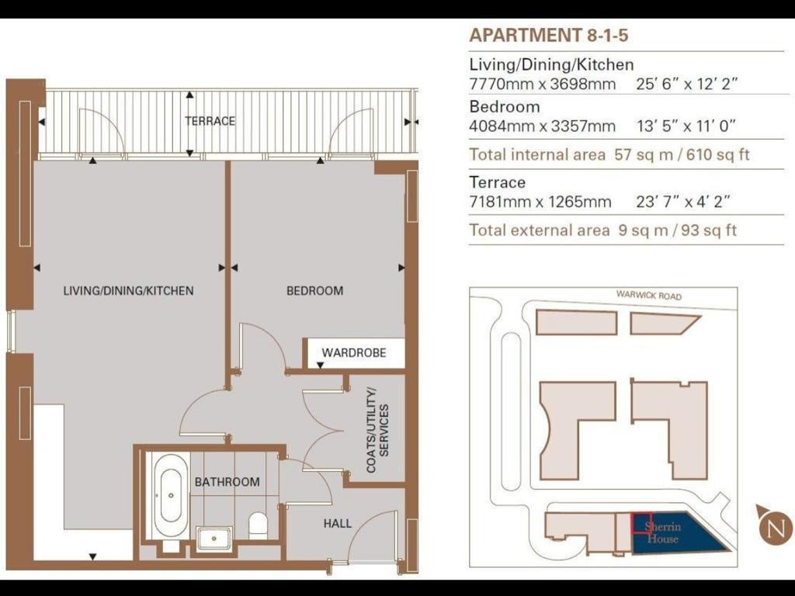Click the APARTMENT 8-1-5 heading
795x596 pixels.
coord(549,36)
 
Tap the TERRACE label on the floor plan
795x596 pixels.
coord(210,121)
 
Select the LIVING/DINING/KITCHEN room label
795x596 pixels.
coord(128,291)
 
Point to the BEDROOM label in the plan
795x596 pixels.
coord(315,291)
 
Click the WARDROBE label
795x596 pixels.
coord(354,353)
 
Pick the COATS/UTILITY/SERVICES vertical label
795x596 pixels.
coord(378,431)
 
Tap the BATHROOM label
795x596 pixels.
coord(227,482)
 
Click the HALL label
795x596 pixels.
coord(338,524)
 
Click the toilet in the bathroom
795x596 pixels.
coord(258,525)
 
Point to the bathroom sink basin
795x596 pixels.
coord(214,539)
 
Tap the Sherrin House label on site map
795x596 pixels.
coord(663,532)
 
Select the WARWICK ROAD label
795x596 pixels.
coord(648,296)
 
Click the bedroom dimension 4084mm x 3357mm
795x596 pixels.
coord(542,126)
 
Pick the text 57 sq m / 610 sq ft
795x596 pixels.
coord(682,154)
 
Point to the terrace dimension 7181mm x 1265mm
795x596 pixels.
coord(540,202)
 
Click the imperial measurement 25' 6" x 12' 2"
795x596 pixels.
coord(686,84)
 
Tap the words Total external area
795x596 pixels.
coord(539,230)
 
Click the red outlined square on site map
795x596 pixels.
coord(641,523)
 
